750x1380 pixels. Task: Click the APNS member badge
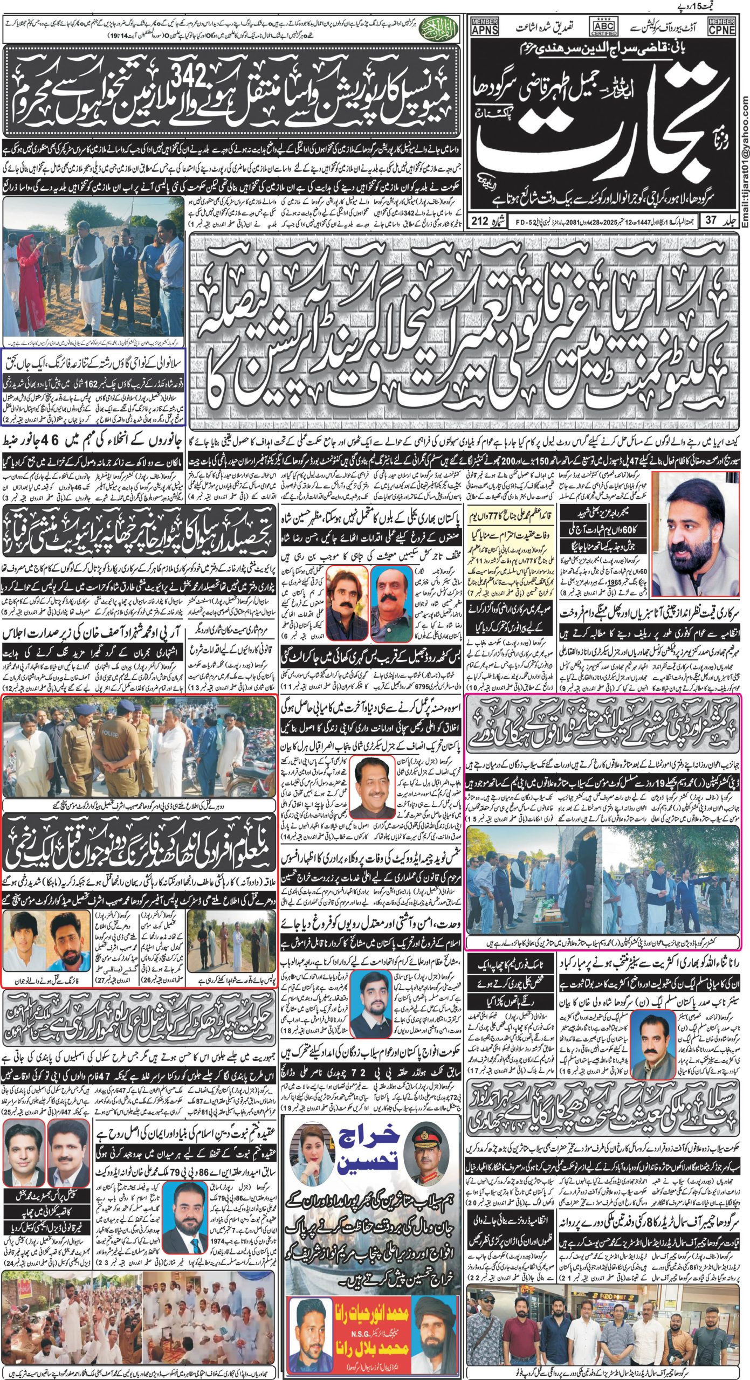tap(485, 26)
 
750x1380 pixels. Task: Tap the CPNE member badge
tap(722, 26)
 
